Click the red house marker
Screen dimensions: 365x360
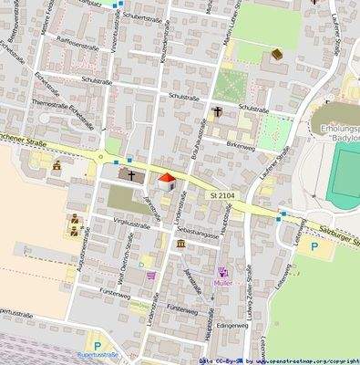[x=167, y=182]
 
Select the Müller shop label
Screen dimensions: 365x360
[x=223, y=283]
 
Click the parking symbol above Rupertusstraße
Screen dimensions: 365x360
[x=98, y=345]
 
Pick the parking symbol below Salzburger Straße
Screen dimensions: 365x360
[x=314, y=247]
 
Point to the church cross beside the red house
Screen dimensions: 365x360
[x=131, y=175]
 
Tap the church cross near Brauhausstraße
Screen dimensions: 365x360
[x=218, y=113]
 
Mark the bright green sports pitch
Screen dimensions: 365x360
[x=345, y=172]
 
